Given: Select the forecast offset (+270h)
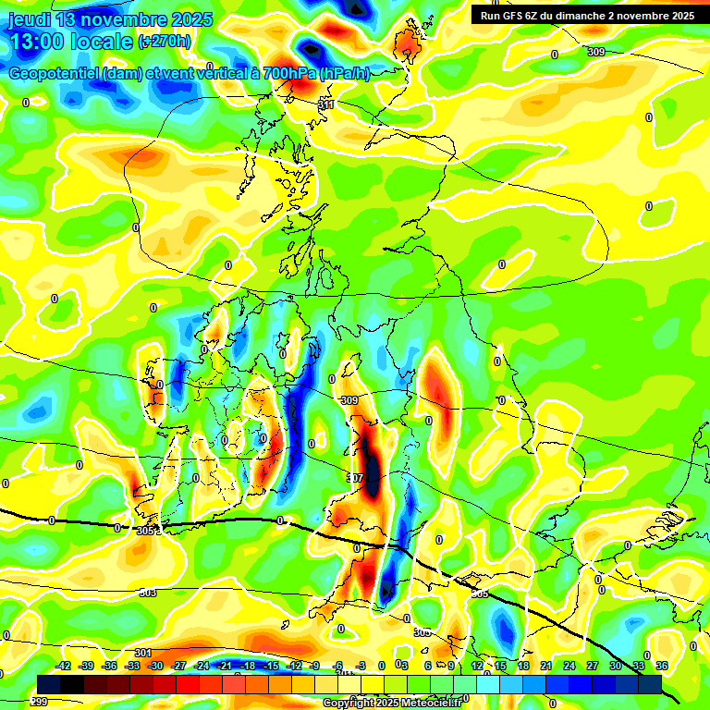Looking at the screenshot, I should tap(165, 42).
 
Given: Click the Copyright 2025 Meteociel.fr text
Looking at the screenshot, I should tap(392, 703).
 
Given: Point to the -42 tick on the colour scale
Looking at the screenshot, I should tap(63, 666).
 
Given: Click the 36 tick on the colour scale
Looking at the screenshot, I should tap(662, 666).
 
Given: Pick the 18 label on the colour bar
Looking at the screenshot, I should tap(523, 666).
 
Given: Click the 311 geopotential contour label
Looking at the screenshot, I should tap(326, 105).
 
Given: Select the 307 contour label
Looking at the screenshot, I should tap(355, 478).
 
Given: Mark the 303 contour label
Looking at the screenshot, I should tap(148, 593).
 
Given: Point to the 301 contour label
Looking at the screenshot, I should tap(142, 654).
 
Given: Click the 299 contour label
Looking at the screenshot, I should tap(39, 702).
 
